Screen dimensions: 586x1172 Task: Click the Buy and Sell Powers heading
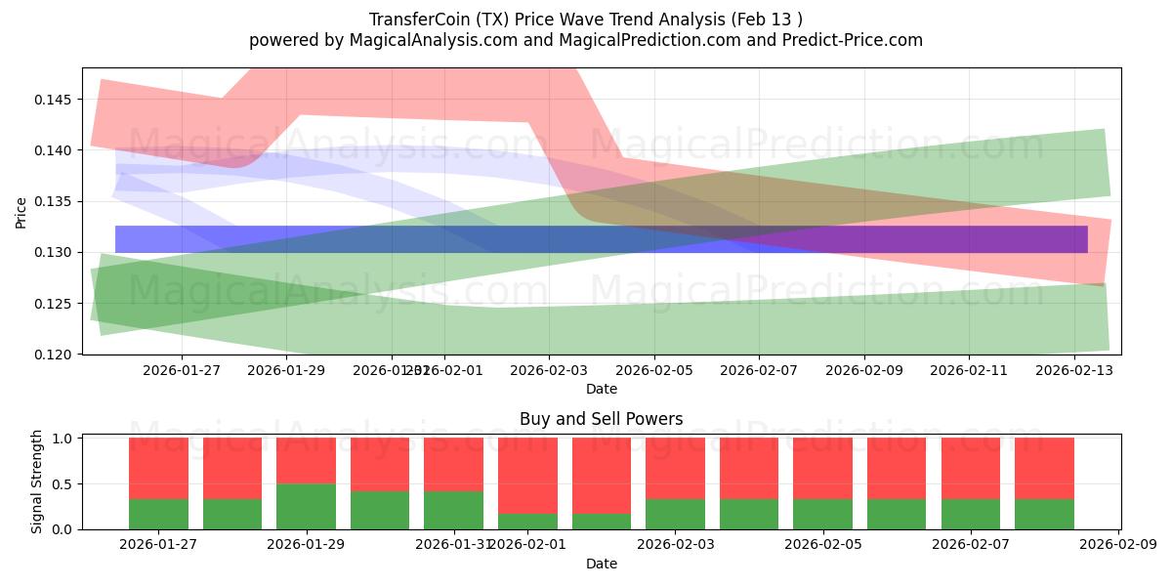tap(601, 419)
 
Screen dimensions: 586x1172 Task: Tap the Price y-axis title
tap(21, 211)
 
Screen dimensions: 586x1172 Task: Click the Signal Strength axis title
tap(37, 481)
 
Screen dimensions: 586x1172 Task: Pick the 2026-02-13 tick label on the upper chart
tap(1074, 370)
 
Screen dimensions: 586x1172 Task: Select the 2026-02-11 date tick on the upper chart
tap(969, 370)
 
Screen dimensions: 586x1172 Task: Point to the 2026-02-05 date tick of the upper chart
tap(653, 370)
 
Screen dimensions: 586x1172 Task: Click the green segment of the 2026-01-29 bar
tap(306, 506)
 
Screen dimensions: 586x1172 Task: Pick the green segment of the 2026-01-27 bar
tap(158, 514)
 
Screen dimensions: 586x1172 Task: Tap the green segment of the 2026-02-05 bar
tap(823, 514)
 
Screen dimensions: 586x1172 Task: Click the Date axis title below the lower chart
tap(601, 564)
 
